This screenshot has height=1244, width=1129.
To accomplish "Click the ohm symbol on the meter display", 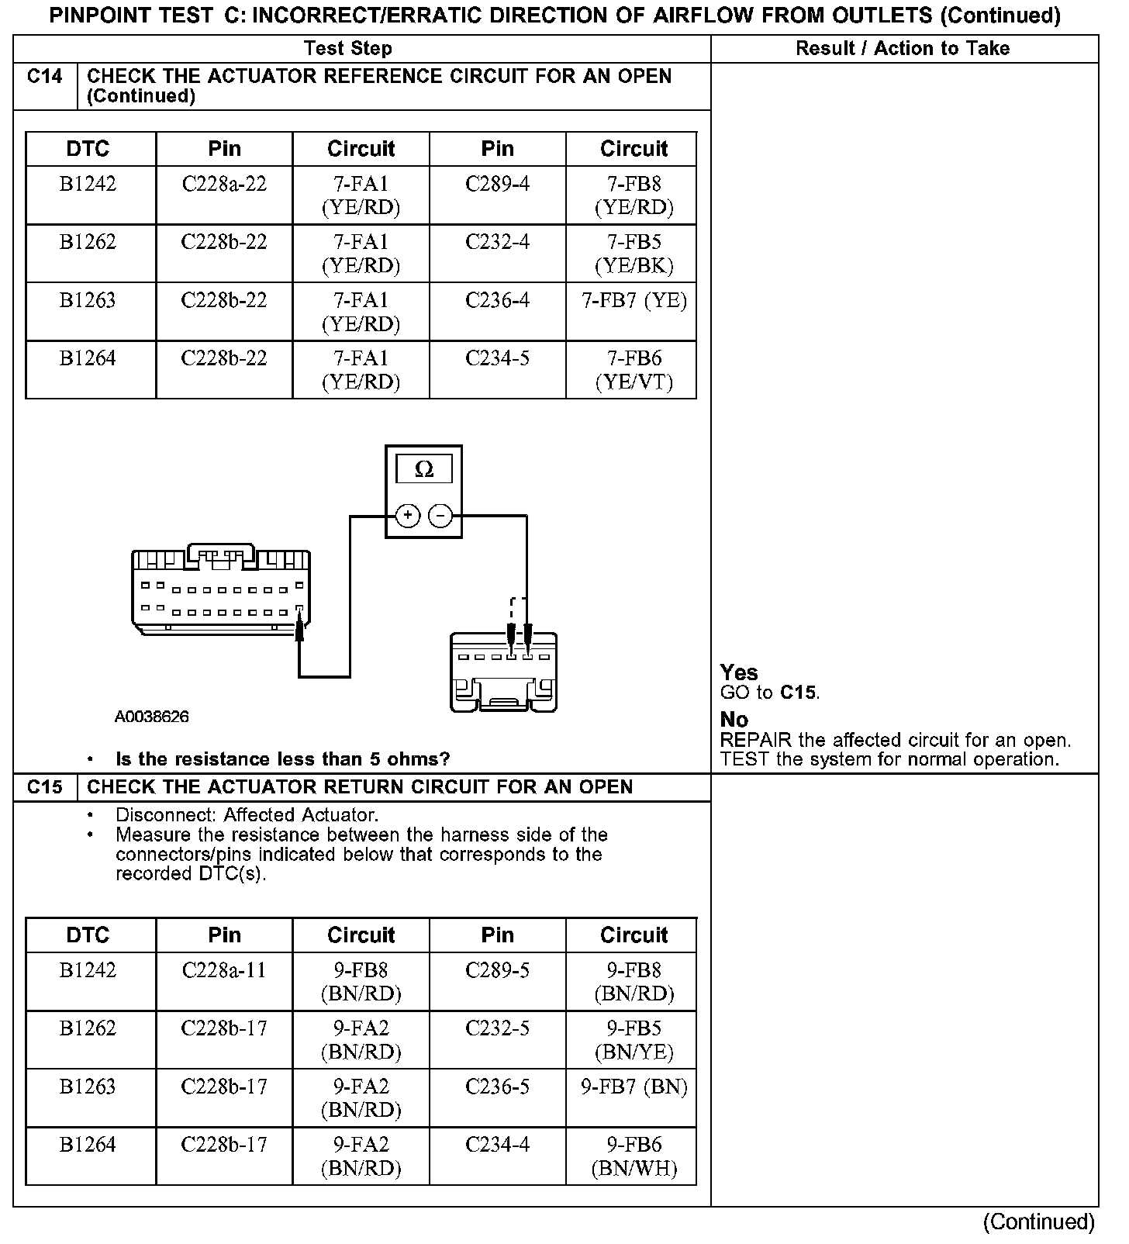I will (x=424, y=469).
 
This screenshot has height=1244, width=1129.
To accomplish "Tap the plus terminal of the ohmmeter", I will (x=408, y=516).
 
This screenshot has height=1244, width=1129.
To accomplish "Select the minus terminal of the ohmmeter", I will (x=440, y=516).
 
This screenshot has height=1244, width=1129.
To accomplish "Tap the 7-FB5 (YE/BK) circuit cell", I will (x=634, y=254).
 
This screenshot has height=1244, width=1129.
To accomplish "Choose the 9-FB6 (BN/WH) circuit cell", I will (x=634, y=1156).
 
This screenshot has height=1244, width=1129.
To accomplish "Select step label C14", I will (x=45, y=77).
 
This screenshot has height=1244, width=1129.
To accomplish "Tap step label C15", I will (x=45, y=787).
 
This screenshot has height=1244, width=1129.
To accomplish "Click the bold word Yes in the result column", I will (x=739, y=672).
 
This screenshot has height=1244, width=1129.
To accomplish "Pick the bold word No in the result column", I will (x=734, y=720).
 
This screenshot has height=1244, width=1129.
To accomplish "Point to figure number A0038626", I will (x=151, y=717).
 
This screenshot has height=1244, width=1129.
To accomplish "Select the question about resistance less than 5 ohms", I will (x=282, y=759).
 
